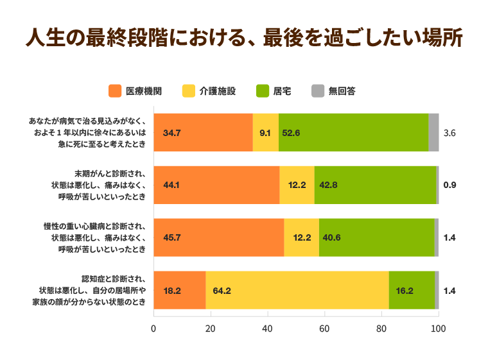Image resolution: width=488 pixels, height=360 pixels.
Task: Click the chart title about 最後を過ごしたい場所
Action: point(244,38)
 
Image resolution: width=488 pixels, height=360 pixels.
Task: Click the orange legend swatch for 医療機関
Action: point(116,91)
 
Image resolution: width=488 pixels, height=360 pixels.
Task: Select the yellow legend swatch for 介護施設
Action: point(189,91)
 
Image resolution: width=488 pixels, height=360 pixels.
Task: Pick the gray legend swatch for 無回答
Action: point(317,91)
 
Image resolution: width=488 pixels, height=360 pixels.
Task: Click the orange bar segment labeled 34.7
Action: point(203,132)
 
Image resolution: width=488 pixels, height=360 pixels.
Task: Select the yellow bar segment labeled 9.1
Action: point(266,132)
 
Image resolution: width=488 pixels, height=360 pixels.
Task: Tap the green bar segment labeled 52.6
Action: point(353,132)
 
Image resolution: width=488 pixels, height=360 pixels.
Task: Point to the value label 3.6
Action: point(449,133)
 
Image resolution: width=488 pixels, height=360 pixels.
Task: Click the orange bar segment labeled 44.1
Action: point(216,185)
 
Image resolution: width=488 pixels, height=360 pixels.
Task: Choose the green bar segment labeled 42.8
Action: point(375,185)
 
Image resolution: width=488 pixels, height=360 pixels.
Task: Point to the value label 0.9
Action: point(449,185)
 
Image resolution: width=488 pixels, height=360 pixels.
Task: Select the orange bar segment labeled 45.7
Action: point(219,237)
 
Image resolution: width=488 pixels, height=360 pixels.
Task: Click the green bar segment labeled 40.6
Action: point(376,237)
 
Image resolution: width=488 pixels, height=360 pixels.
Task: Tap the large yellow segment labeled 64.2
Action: point(297,290)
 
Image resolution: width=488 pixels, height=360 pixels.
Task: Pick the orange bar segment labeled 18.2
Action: point(179,290)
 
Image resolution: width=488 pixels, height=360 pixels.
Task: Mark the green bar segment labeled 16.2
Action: point(412,290)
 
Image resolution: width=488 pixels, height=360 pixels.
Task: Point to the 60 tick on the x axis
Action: point(324,329)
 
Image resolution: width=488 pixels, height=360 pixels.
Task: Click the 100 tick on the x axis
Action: point(438,329)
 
